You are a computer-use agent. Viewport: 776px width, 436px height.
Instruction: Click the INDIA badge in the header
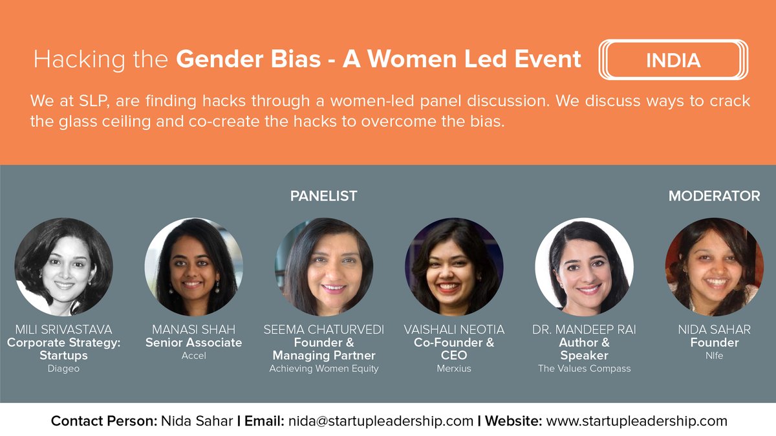pos(673,60)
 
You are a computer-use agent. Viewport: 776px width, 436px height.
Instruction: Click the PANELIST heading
pos(323,196)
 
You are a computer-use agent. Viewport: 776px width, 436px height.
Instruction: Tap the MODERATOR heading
pos(714,196)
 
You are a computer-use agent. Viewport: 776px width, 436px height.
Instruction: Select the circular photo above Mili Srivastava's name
pos(63,267)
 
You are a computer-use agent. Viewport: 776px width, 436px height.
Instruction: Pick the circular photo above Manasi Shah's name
pos(193,267)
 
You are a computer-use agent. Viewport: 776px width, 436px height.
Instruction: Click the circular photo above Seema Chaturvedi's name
pos(323,267)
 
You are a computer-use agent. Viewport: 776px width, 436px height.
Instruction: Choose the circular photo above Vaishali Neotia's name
pos(453,267)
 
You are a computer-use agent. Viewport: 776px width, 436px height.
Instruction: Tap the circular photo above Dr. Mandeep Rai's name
pos(584,267)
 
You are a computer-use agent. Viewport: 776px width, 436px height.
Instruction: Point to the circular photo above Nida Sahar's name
pos(714,267)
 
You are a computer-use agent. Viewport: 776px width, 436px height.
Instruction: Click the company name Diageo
pos(63,369)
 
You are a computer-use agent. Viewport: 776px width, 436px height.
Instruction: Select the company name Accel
pos(193,356)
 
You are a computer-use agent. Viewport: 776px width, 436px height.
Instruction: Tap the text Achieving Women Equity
pos(323,369)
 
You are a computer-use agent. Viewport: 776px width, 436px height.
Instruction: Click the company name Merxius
pos(453,369)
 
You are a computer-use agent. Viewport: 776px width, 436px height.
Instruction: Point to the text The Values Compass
pos(584,369)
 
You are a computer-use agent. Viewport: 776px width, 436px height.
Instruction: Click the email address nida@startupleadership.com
pos(382,421)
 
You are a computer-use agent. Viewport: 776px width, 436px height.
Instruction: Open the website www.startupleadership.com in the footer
pos(636,421)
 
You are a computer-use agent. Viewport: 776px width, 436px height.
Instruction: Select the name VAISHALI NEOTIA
pos(453,330)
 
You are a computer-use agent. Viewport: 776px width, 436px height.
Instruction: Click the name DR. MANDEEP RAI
pos(584,330)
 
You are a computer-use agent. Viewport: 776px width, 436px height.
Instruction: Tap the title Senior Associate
pos(193,343)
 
